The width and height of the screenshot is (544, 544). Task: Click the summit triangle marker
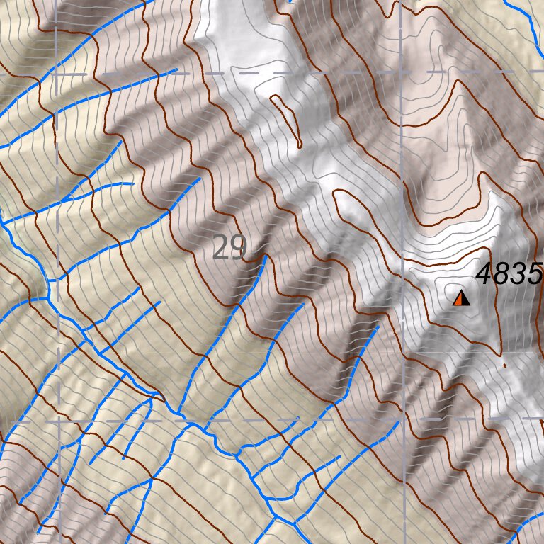coord(462,299)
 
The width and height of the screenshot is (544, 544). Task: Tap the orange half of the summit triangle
coord(459,300)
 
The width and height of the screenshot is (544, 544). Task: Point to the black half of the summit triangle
coord(465,300)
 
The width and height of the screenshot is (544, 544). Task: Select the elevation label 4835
coord(509,274)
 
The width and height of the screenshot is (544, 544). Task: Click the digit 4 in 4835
coord(485,274)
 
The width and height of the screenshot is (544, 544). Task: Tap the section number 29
coord(229,249)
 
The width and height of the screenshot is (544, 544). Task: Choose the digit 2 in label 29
coord(220,249)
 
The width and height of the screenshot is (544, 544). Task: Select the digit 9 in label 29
coord(237,249)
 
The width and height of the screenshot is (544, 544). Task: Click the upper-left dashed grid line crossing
coord(56,73)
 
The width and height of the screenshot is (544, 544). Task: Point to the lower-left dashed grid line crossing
coord(56,420)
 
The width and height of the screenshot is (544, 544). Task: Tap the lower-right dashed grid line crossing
coord(402,420)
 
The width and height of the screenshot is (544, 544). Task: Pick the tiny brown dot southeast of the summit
coord(504,365)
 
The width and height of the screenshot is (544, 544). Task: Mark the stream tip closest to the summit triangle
coord(378,327)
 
